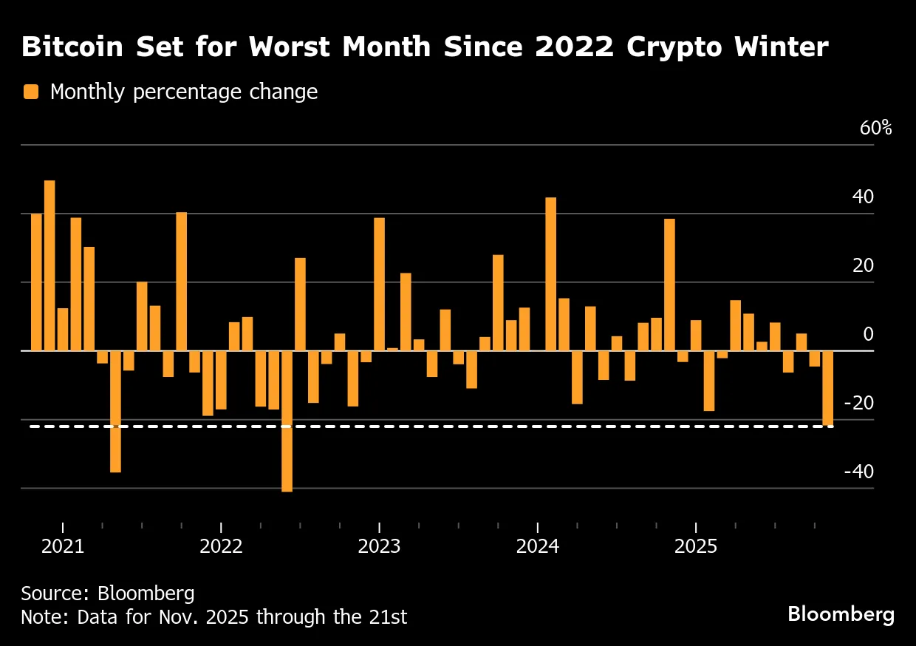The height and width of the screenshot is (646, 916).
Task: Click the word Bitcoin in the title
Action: point(70,47)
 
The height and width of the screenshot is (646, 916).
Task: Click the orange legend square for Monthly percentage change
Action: point(30,92)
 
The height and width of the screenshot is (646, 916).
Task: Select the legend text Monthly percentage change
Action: point(183,92)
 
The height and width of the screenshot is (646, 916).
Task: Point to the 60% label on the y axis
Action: point(875,128)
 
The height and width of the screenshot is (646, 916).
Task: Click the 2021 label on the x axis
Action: point(63,547)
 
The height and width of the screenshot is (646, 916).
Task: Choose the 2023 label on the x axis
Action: point(379,547)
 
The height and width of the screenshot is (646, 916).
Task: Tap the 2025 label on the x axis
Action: point(695,547)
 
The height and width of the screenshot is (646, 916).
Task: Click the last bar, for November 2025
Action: point(827,388)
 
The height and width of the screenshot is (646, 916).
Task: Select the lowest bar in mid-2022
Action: point(287,421)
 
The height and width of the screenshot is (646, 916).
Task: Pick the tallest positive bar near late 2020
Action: point(49,265)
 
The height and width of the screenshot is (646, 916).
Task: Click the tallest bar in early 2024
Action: point(550,273)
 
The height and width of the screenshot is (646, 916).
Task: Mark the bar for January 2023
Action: point(379,284)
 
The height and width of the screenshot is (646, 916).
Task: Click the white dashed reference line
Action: point(443,426)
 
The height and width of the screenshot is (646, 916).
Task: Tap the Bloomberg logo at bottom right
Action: point(841,614)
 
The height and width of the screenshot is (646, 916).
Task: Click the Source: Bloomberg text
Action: point(108,594)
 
